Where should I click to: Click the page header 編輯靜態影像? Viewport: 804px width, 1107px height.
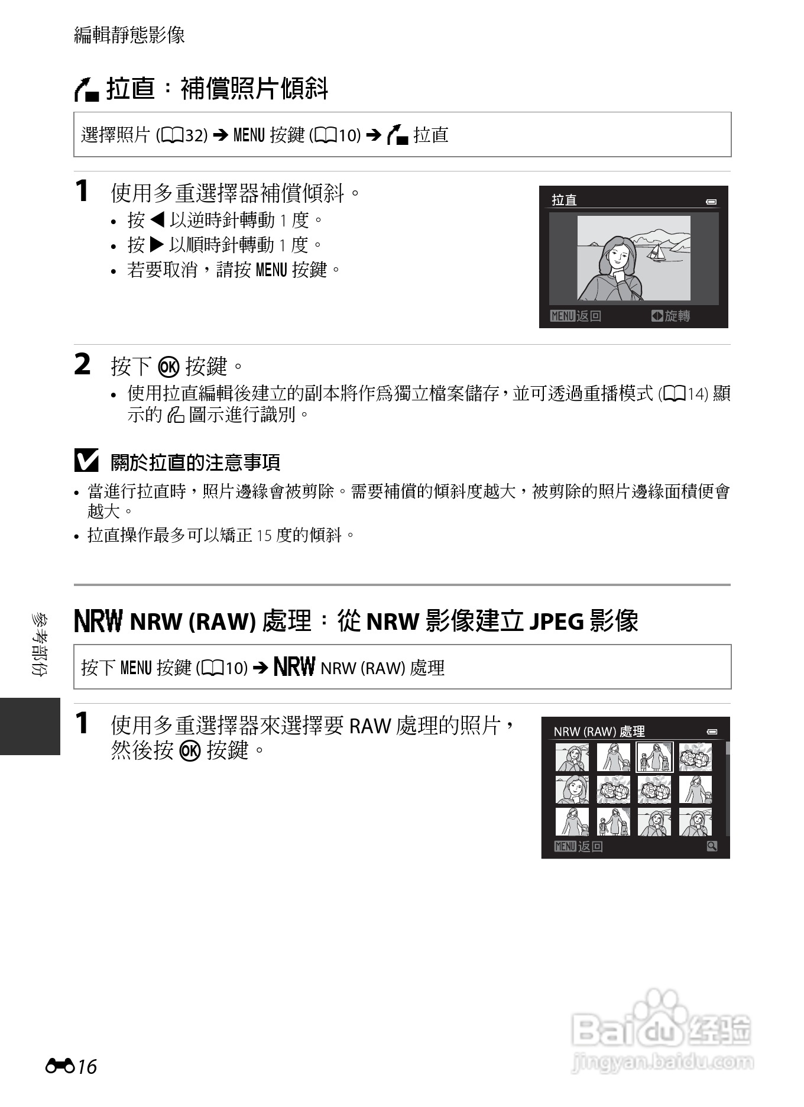pyautogui.click(x=129, y=35)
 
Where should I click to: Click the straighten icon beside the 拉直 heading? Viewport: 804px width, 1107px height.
pyautogui.click(x=86, y=90)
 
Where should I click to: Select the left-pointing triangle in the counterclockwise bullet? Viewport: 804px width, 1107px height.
pyautogui.click(x=157, y=220)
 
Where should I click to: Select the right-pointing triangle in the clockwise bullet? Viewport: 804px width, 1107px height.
pyautogui.click(x=157, y=245)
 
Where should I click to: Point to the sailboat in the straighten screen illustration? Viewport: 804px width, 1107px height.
pyautogui.click(x=655, y=253)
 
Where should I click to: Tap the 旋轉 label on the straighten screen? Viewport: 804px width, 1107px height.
pyautogui.click(x=677, y=316)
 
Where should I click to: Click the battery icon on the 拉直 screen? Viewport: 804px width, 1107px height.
pyautogui.click(x=711, y=202)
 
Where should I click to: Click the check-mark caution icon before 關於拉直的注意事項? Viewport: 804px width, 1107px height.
pyautogui.click(x=86, y=461)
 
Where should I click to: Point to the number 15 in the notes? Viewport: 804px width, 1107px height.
pyautogui.click(x=264, y=536)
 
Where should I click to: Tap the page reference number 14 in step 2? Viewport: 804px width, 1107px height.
pyautogui.click(x=698, y=394)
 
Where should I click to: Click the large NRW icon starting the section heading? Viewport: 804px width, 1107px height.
pyautogui.click(x=98, y=621)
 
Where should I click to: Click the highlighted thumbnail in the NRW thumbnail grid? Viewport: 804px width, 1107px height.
pyautogui.click(x=654, y=758)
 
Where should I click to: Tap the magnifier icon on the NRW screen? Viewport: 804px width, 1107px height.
pyautogui.click(x=712, y=846)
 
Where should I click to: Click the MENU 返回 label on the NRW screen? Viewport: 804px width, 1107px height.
pyautogui.click(x=578, y=847)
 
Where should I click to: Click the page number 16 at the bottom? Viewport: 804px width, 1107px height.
pyautogui.click(x=87, y=1067)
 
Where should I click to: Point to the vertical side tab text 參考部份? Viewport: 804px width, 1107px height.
pyautogui.click(x=40, y=645)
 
